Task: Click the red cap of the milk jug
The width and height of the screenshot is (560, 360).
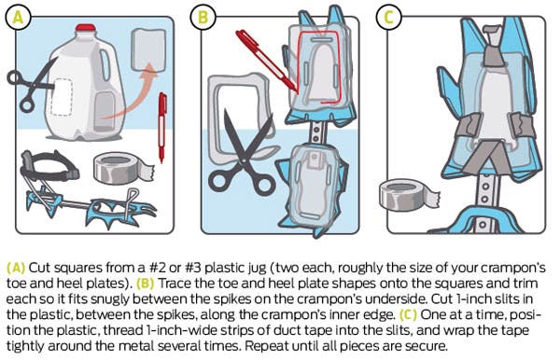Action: coord(85,28)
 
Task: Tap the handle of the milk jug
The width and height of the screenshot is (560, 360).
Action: coord(105,65)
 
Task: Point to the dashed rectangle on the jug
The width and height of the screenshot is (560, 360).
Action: coord(62,97)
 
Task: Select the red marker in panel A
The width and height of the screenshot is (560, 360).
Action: coord(162,128)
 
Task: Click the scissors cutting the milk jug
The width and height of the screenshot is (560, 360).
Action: coord(32,87)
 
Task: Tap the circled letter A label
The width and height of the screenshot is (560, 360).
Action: coord(19,17)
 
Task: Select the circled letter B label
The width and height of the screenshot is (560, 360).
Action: coord(203,17)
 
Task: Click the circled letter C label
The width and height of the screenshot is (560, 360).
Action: coord(389,17)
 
